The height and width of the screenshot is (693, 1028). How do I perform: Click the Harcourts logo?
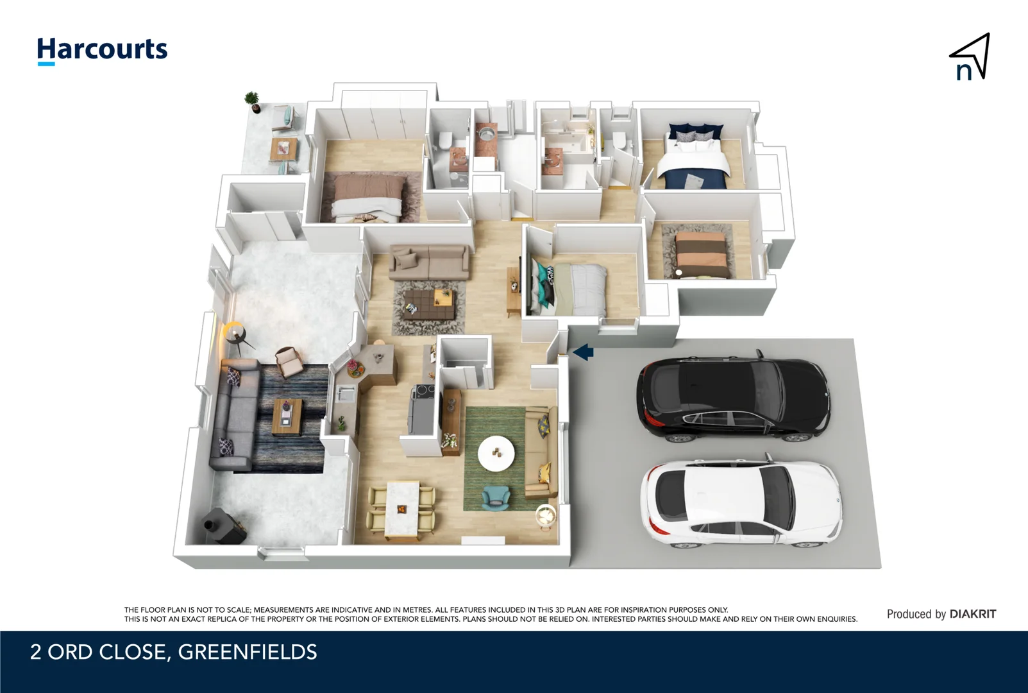pos(102,50)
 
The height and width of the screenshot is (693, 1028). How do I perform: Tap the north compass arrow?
pos(970,56)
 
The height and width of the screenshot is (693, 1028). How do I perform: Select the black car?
pos(732,397)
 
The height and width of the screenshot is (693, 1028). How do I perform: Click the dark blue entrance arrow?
pos(583,352)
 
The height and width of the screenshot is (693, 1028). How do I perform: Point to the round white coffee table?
pos(496,453)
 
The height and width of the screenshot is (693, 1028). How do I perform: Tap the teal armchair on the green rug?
pos(496,497)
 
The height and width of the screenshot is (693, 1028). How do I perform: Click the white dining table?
pos(402,508)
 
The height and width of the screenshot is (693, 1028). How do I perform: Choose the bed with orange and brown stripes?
pos(702,255)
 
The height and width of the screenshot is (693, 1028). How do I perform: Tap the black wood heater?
pos(224,526)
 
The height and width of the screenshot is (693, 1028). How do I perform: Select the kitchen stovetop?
pos(423,391)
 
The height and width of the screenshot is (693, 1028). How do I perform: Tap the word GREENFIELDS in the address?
pos(248,652)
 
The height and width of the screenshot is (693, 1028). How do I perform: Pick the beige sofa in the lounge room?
pos(429,262)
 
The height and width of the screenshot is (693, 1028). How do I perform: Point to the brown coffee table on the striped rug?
pos(287,416)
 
